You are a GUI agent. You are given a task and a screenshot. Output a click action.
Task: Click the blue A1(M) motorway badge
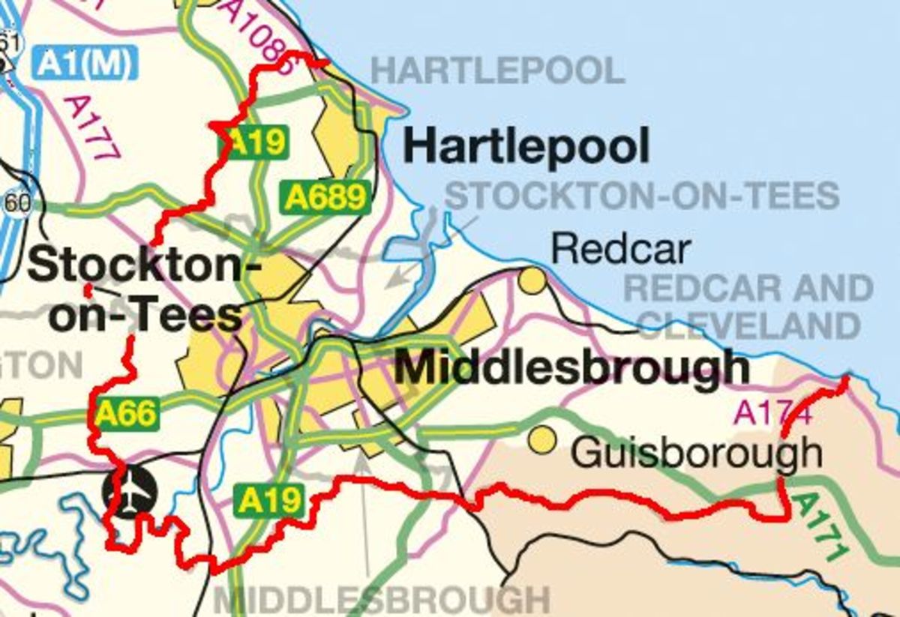tap(85, 63)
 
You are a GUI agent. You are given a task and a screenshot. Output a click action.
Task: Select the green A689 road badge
tap(326, 197)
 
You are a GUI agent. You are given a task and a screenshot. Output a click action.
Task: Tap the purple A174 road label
tap(771, 412)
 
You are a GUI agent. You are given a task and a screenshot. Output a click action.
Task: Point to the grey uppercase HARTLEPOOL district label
tap(498, 71)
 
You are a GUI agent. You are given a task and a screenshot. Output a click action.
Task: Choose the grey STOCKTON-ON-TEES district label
tap(642, 196)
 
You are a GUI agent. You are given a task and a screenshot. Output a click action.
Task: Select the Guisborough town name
tap(696, 452)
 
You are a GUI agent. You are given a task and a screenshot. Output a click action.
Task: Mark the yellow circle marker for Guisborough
tap(541, 440)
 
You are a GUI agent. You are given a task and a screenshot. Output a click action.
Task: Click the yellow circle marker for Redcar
tap(532, 280)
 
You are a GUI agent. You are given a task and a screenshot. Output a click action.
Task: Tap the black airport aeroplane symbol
tap(130, 493)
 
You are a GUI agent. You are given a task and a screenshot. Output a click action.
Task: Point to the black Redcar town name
tap(619, 249)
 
